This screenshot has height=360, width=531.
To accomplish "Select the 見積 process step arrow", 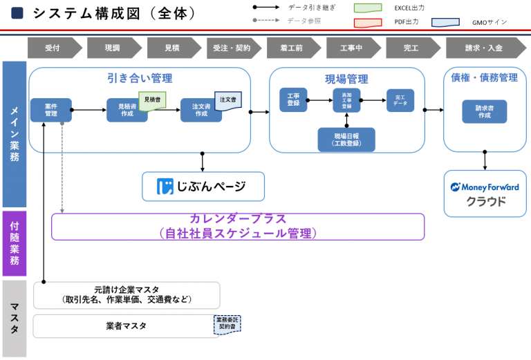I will click(x=174, y=48).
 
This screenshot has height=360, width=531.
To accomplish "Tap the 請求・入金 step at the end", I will click(x=485, y=48).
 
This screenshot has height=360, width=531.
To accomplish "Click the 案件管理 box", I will click(x=50, y=110).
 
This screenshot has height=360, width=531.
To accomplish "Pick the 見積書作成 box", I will click(x=127, y=110).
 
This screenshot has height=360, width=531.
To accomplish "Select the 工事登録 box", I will click(x=293, y=100).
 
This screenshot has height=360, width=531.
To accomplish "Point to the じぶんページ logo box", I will click(x=203, y=186).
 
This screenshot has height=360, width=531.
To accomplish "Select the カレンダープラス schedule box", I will click(x=237, y=227).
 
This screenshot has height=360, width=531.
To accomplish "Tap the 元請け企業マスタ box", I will click(x=127, y=295).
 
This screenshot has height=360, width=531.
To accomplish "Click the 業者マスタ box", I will click(x=127, y=326).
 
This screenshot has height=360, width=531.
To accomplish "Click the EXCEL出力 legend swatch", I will click(x=367, y=8).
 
